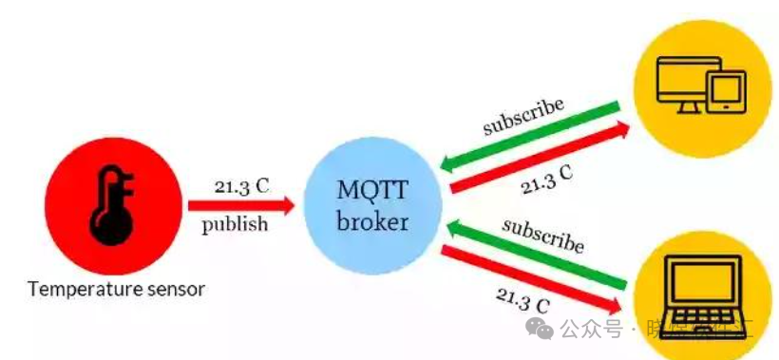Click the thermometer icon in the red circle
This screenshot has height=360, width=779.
[112, 203]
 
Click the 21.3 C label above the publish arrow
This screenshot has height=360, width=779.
[241, 185]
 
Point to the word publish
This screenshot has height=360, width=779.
[235, 225]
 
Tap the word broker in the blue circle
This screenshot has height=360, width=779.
[373, 222]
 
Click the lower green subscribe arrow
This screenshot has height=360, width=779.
[537, 256]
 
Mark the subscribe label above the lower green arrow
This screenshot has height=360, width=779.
[542, 235]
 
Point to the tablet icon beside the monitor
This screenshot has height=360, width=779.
[725, 90]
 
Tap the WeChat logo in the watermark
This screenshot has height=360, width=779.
[541, 329]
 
